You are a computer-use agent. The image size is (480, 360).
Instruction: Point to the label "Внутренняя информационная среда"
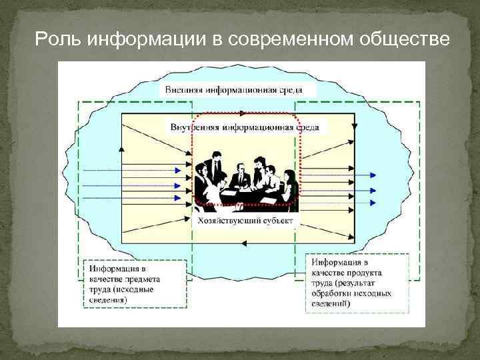pyautogui.click(x=244, y=127)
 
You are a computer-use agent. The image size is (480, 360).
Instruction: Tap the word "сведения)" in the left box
pyautogui.click(x=108, y=300)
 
